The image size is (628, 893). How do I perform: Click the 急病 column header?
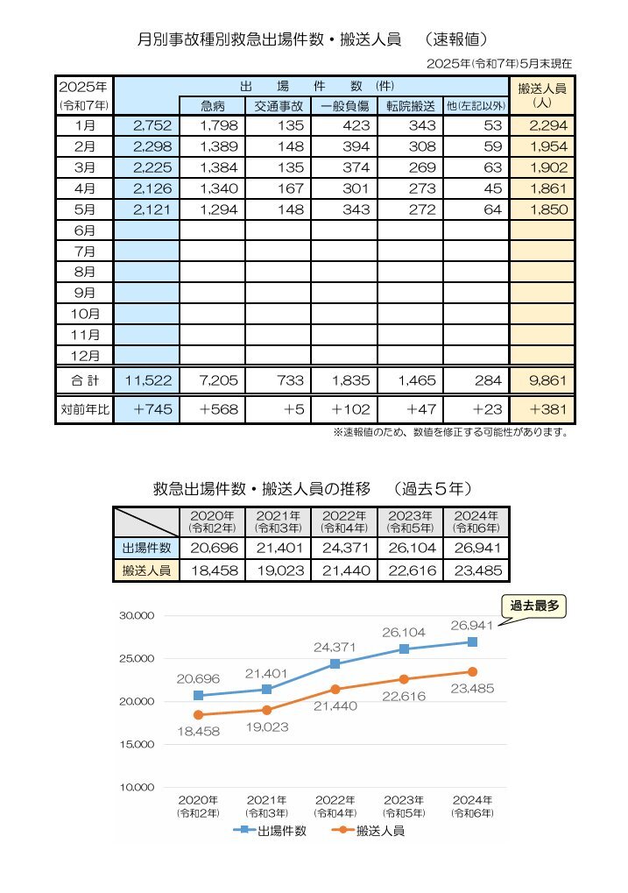click(x=212, y=106)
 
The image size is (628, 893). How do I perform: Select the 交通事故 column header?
click(x=279, y=106)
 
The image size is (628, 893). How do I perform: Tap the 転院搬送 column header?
click(x=410, y=106)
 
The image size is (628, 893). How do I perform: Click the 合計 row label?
click(x=85, y=380)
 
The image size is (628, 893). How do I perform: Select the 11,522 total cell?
click(x=147, y=380)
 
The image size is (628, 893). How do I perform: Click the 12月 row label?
click(x=85, y=356)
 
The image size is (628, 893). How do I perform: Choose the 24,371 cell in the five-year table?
click(x=344, y=548)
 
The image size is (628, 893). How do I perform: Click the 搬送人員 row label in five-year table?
click(x=146, y=571)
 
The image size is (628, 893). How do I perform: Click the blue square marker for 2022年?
click(x=335, y=664)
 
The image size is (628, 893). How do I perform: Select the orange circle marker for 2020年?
click(x=198, y=715)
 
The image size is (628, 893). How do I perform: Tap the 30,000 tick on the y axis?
click(x=137, y=616)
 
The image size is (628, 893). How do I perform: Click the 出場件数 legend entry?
click(x=270, y=831)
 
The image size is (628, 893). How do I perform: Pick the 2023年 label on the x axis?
click(x=404, y=806)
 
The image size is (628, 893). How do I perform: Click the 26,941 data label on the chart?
click(x=471, y=626)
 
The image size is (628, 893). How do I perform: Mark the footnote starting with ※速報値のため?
click(x=451, y=432)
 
